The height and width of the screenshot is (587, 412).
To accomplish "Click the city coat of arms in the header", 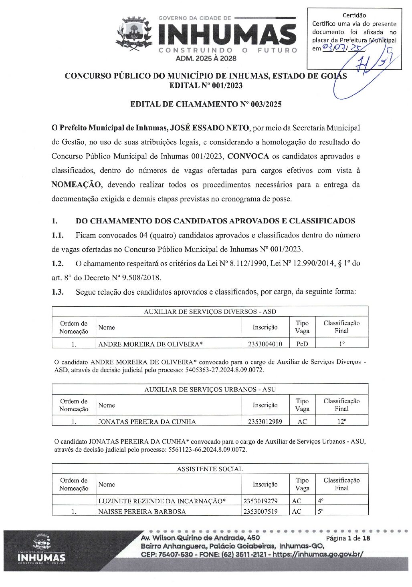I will click(134, 34).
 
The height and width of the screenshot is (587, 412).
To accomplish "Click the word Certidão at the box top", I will click(354, 15).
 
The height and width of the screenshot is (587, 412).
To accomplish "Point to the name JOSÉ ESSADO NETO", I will click(210, 128).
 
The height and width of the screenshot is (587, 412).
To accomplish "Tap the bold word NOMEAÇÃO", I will click(77, 185).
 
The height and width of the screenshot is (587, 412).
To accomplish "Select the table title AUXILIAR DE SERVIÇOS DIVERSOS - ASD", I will click(210, 312).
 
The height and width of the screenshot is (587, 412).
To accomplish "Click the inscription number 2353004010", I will click(265, 344).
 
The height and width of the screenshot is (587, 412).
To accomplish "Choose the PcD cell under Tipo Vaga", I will click(302, 344).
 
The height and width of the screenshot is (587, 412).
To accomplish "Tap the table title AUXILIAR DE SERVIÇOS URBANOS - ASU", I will click(210, 389).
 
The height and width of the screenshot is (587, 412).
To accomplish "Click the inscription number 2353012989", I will click(265, 422).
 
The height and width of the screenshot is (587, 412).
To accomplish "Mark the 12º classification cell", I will click(341, 422).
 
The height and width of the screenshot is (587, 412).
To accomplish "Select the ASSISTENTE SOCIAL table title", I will click(210, 469).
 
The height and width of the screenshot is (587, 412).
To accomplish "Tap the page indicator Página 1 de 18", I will click(348, 538).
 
